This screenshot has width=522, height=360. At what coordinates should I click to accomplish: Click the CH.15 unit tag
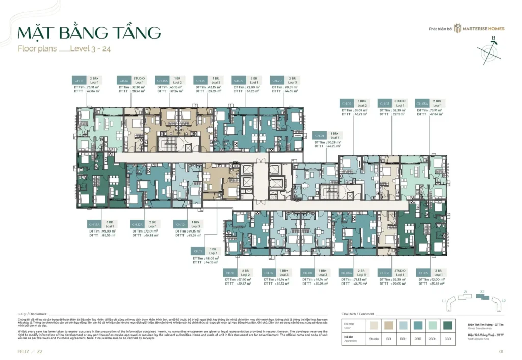pos(79,81)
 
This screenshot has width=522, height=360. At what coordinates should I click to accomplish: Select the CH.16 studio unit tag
pos(124,81)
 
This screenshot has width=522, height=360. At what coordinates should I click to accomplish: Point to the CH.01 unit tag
pos(320,136)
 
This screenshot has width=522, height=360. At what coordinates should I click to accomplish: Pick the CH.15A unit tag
pos(94,224)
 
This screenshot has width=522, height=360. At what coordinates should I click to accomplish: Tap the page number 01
pos(502,351)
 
